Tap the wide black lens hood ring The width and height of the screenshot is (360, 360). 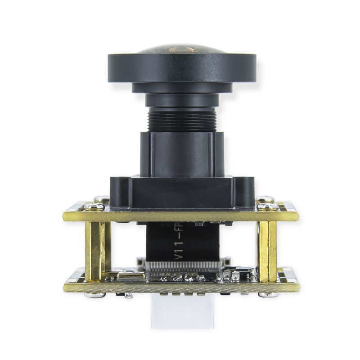182,67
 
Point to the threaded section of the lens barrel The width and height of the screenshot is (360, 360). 182,119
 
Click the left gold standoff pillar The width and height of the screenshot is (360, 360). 95,250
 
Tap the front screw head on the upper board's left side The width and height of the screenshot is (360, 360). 94,207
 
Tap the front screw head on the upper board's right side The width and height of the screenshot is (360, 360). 268,206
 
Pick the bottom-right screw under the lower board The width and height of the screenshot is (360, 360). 268,295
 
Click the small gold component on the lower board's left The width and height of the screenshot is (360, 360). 131,274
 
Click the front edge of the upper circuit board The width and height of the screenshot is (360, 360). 180,216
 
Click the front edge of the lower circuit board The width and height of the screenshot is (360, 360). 180,287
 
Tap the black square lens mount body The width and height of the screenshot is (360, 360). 182,153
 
